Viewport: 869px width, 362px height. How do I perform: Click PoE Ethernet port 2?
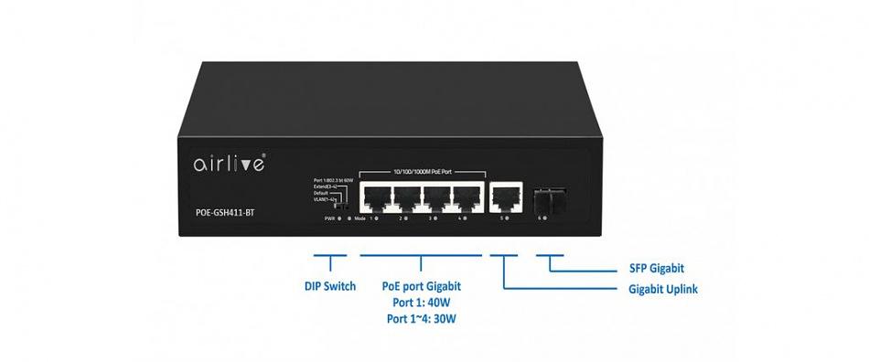coord(405,197)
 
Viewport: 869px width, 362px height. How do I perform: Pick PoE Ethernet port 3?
coord(435,197)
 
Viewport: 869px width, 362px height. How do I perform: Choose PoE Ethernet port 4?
coord(466,197)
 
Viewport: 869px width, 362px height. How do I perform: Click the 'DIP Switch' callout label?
coord(330,286)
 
